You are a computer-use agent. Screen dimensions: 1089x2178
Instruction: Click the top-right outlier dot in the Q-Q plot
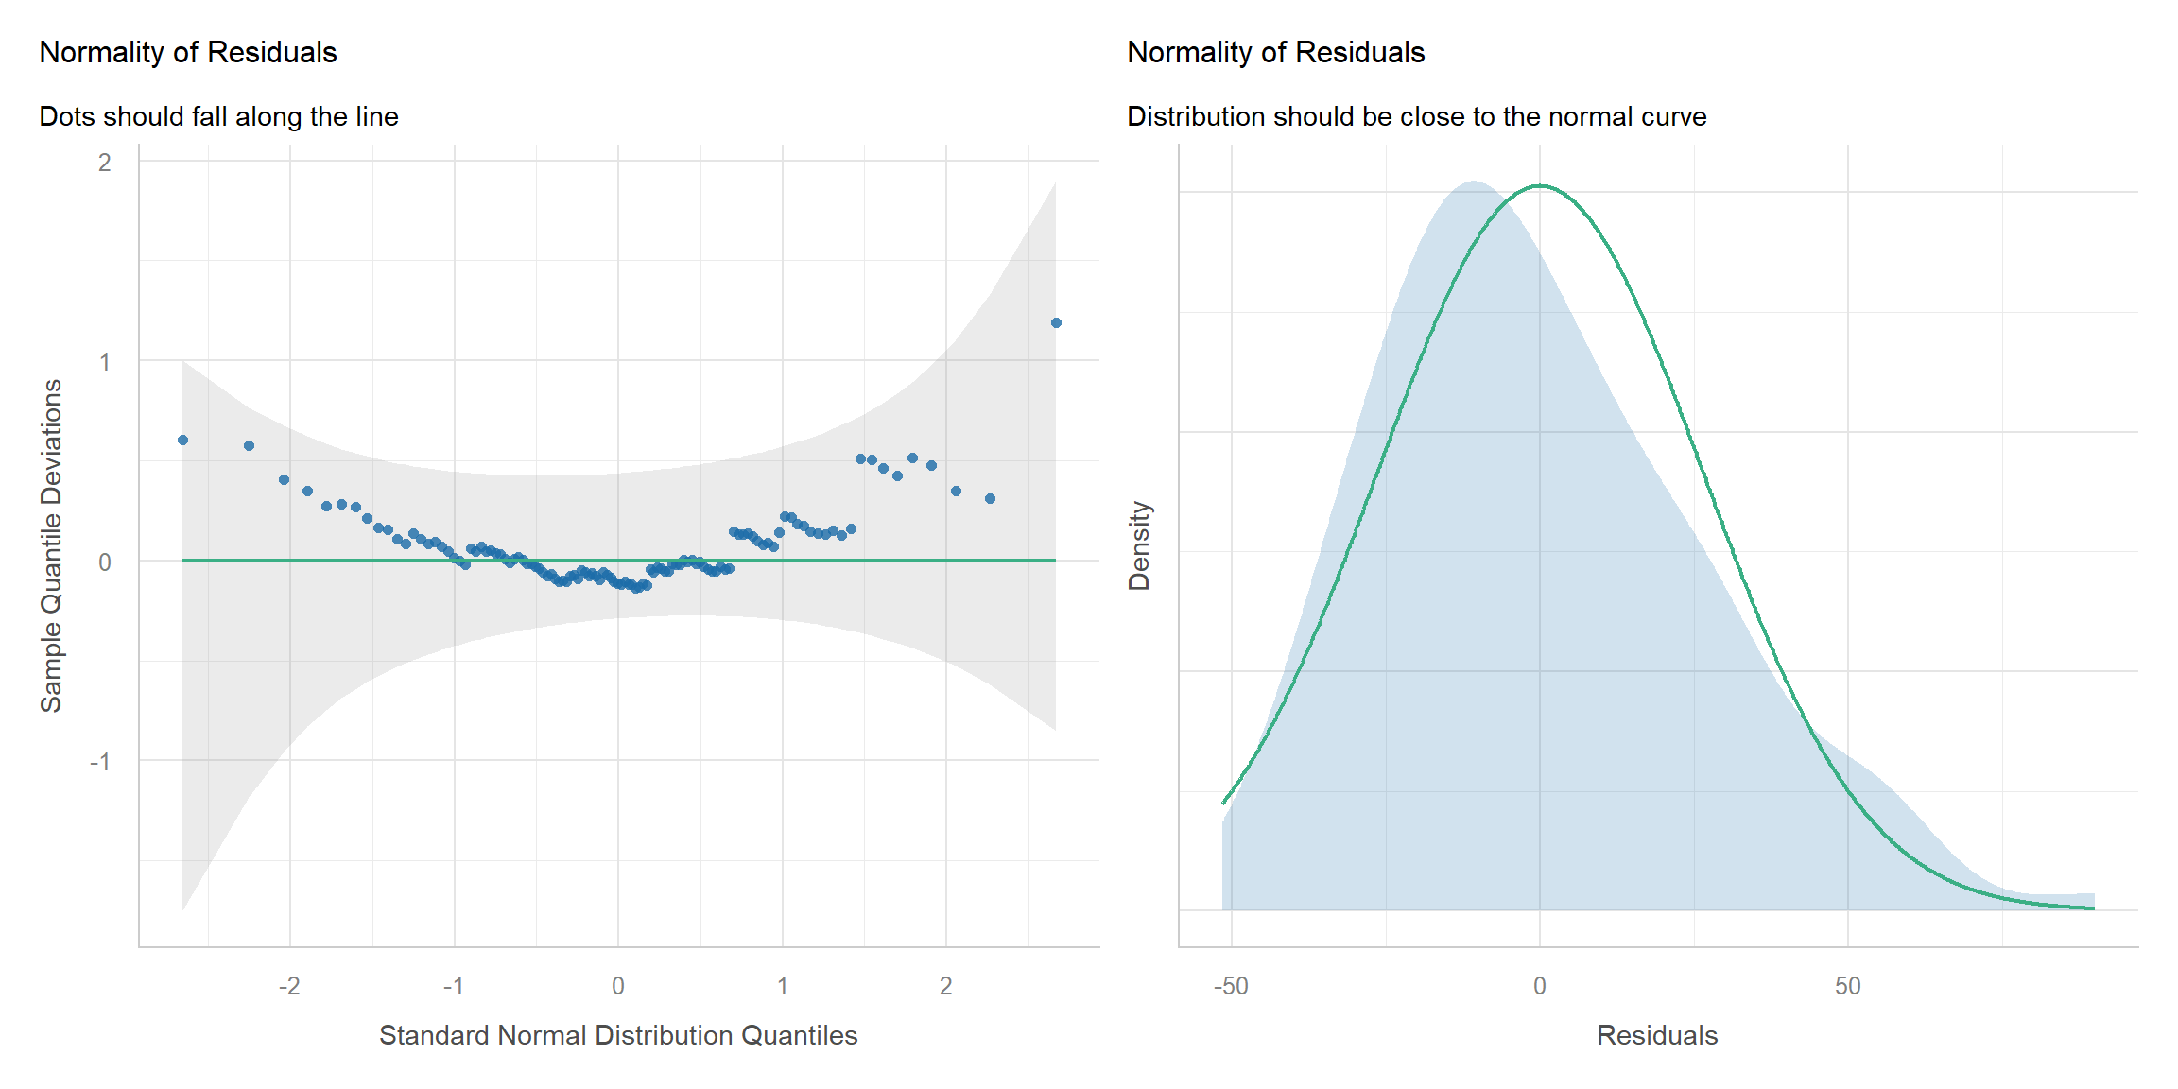1056,323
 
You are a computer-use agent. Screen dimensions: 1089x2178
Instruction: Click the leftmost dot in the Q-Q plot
182,441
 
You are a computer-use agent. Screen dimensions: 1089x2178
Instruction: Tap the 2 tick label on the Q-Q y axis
105,163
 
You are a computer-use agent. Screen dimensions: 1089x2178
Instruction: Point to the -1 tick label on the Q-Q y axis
100,762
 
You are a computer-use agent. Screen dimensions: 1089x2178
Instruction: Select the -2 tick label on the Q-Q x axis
289,986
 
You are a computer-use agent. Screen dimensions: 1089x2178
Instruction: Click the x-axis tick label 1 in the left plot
783,986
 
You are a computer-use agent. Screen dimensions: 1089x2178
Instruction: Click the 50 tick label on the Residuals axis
1847,986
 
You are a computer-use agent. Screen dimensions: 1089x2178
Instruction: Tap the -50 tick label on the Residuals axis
1231,986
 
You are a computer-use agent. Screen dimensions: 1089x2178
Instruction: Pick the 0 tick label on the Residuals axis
1540,986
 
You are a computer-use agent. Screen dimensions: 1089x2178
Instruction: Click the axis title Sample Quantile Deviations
51,545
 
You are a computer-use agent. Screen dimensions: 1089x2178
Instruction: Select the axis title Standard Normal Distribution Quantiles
618,1035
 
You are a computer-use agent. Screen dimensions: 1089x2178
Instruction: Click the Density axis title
1139,545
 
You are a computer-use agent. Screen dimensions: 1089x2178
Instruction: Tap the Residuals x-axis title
1657,1035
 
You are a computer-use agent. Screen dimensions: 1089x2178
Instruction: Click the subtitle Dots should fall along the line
218,116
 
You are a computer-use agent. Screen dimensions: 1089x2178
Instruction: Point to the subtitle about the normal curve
1416,116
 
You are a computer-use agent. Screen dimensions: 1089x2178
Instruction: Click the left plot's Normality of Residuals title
188,52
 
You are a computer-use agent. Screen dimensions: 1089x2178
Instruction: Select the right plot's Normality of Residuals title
1275,52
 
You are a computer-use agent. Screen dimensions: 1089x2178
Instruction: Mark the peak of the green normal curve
1540,186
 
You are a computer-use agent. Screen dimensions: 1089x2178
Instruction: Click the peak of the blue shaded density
1473,181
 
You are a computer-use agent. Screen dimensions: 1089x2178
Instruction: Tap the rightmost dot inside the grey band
990,499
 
